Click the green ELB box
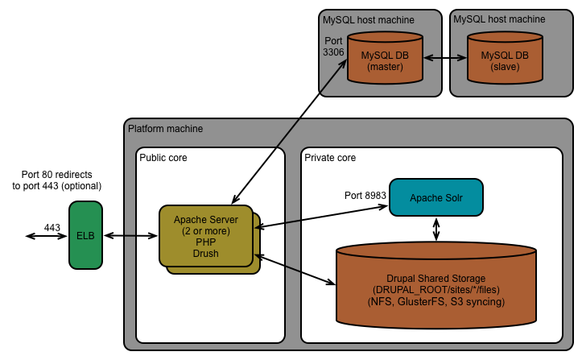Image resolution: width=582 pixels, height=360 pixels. point(86,235)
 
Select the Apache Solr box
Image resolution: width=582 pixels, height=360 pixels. point(435,197)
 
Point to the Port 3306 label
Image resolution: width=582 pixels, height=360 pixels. point(334,46)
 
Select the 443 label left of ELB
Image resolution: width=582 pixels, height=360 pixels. point(52,228)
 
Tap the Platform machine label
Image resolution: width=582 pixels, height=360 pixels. point(165,129)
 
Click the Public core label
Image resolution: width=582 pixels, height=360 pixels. point(163,158)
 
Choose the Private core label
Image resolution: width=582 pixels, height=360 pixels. point(330,158)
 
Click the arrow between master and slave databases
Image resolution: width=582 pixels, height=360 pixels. point(446,58)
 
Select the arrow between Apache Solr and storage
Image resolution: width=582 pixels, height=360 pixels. point(436,229)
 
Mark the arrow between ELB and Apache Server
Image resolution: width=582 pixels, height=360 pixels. point(132,236)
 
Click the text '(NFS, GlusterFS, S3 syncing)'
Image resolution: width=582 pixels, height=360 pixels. point(435,302)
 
